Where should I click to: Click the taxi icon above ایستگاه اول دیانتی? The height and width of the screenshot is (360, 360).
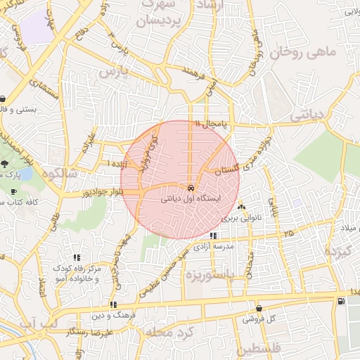(191, 188)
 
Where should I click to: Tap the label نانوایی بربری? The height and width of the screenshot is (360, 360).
(241, 218)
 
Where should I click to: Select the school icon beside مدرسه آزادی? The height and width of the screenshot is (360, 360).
(214, 236)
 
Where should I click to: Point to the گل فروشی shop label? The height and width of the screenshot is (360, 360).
(259, 319)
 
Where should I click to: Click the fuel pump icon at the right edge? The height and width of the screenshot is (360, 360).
(341, 302)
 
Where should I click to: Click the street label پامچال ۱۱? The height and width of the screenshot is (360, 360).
(213, 124)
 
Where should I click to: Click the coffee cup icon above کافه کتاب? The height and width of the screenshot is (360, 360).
(13, 192)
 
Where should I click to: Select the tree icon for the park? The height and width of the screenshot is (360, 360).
(5, 164)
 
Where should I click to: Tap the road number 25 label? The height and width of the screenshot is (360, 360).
(289, 231)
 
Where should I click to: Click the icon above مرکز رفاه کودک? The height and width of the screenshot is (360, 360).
(77, 257)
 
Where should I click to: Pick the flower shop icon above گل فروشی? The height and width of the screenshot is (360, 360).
(259, 308)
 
